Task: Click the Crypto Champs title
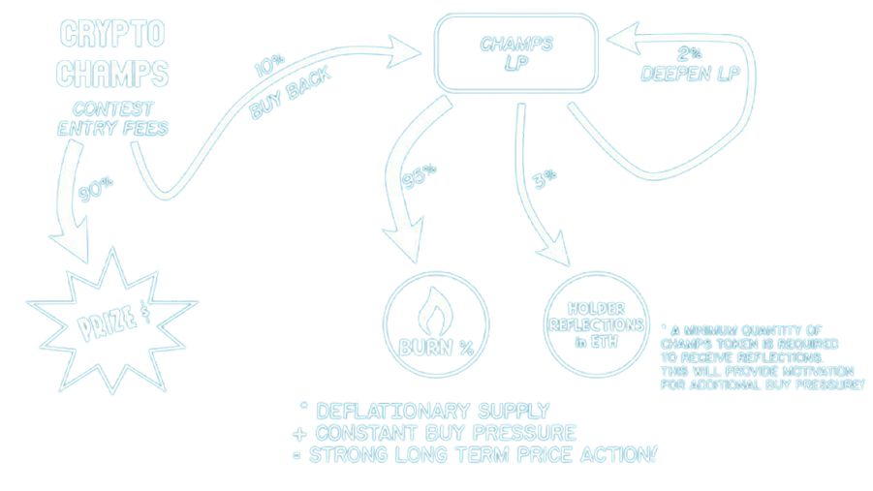[x=112, y=54]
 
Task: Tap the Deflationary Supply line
[x=424, y=411]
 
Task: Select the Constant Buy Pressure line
[x=434, y=432]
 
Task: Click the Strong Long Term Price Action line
[x=474, y=454]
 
